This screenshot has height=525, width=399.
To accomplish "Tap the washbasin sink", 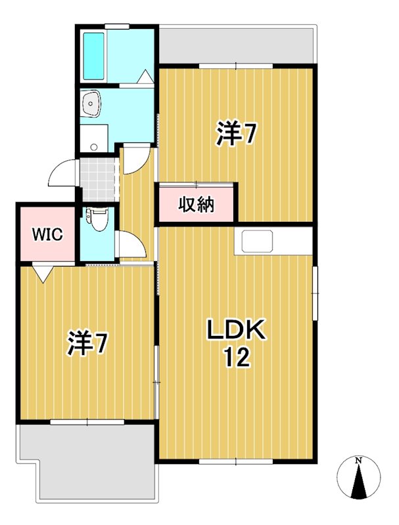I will [91, 102].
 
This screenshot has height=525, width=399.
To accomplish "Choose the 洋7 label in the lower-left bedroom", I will [87, 343].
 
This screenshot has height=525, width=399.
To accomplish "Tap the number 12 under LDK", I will [236, 358].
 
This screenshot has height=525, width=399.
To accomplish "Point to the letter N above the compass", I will [358, 461].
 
